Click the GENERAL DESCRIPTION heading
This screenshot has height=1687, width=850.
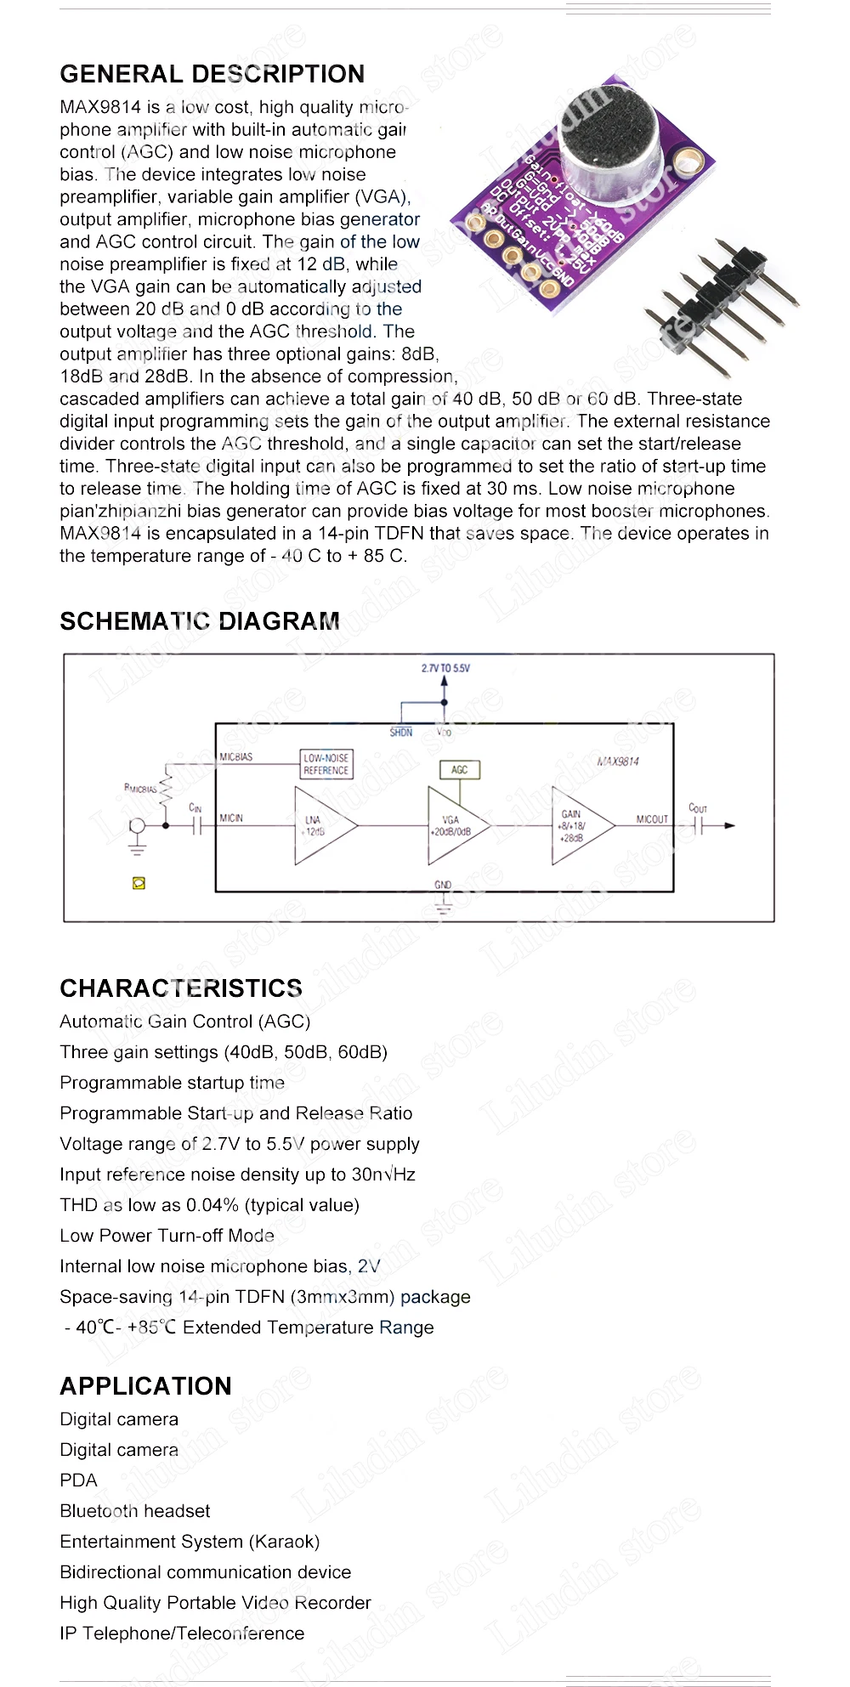212,74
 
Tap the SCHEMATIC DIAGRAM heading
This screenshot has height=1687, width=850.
199,621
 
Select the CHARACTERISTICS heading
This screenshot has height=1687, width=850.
181,988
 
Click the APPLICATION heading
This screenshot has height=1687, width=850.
145,1386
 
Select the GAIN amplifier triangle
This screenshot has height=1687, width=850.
578,825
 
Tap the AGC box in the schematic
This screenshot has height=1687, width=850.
459,770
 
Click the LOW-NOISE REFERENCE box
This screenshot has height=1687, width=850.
326,764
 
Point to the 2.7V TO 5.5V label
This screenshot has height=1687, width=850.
445,668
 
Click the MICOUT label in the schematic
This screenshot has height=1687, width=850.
652,819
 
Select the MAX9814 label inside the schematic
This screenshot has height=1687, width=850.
618,761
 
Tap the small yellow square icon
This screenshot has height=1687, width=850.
139,884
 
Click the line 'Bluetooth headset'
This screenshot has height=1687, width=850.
134,1511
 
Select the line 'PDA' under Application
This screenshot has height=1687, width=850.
78,1480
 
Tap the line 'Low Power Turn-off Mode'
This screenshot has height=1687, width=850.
167,1236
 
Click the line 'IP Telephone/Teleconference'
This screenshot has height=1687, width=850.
182,1633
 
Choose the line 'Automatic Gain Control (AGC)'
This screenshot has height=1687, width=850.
184,1022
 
